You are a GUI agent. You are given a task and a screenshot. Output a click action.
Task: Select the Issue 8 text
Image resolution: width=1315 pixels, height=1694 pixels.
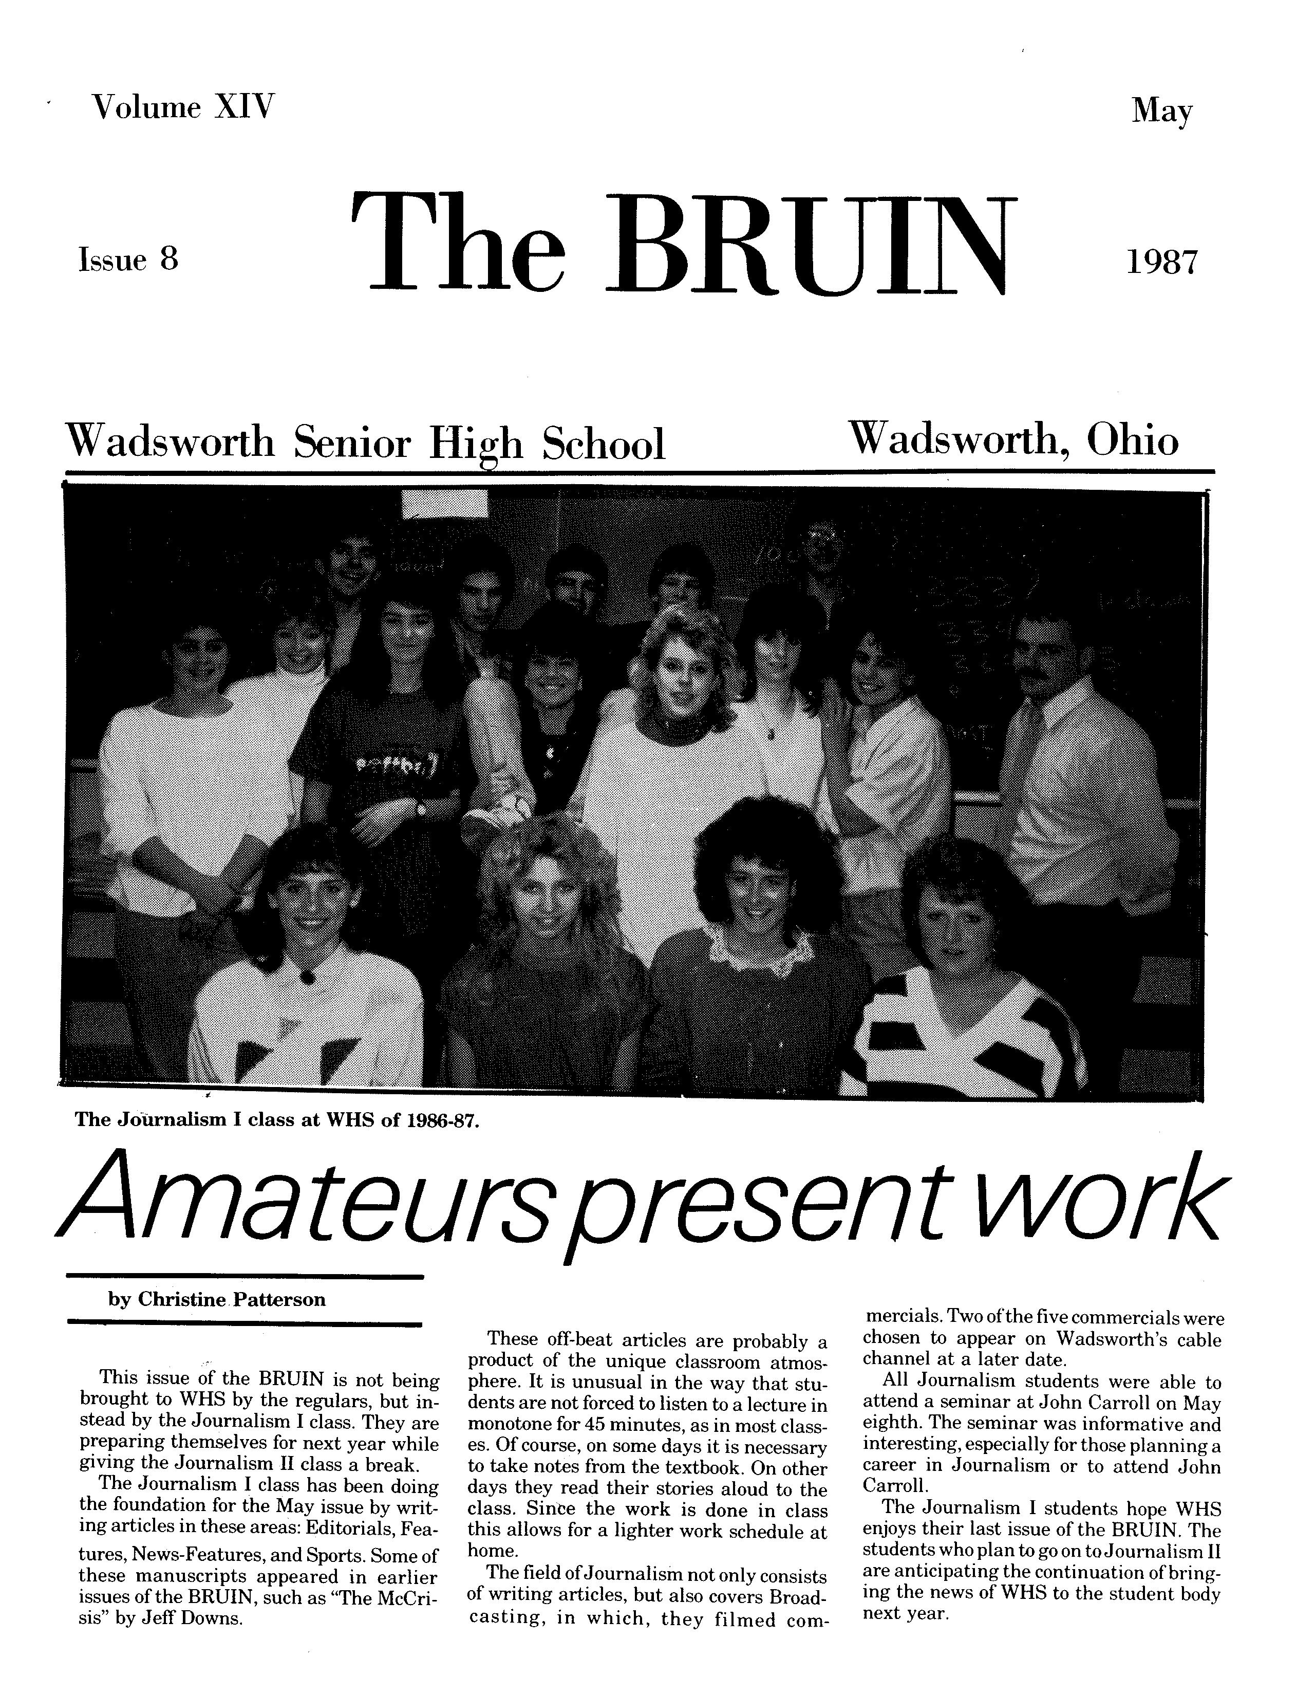point(128,260)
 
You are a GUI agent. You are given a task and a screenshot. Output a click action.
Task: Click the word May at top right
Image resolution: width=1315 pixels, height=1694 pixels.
point(1161,113)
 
